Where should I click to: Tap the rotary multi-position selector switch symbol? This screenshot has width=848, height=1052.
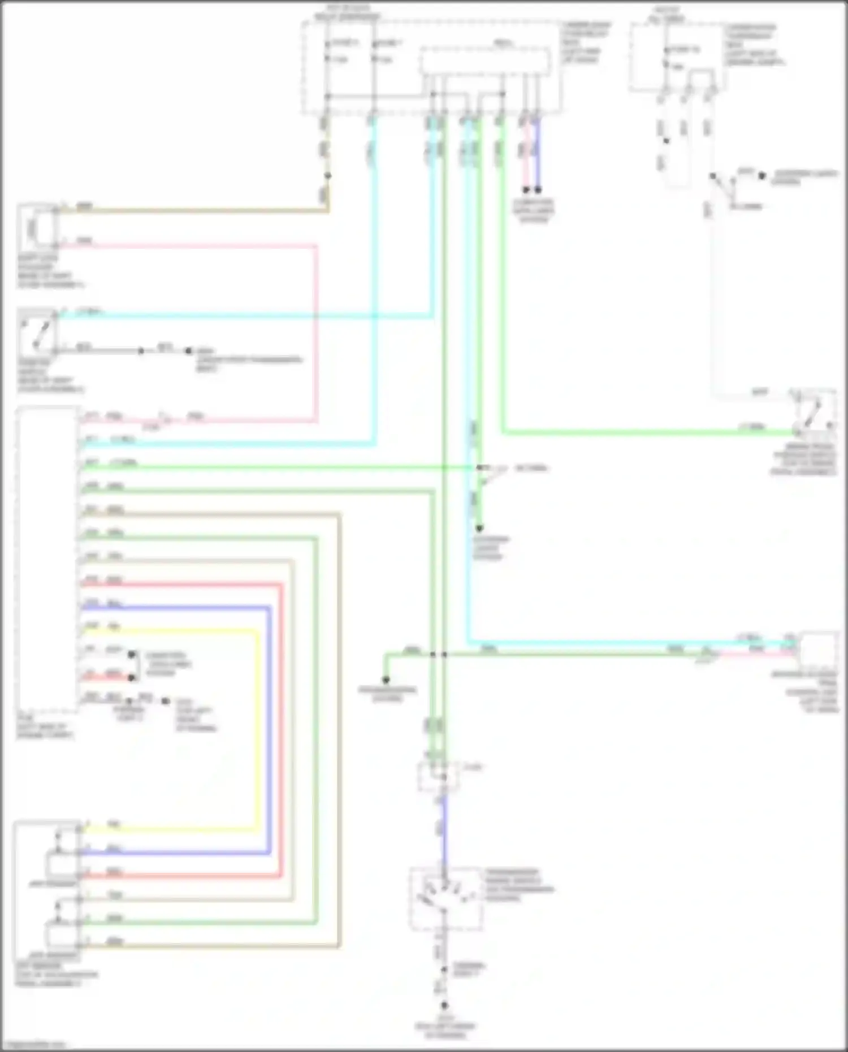(x=446, y=898)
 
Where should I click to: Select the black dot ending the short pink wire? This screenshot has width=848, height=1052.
(x=526, y=190)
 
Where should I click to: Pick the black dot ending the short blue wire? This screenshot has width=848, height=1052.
(x=538, y=190)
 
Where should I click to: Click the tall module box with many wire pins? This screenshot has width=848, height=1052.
(x=47, y=560)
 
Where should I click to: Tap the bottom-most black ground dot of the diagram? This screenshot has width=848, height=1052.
(x=444, y=1006)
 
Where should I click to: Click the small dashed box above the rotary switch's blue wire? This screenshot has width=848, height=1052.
(x=438, y=776)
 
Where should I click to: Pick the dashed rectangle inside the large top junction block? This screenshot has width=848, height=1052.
(x=485, y=61)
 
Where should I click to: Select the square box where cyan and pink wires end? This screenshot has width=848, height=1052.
(x=819, y=650)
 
